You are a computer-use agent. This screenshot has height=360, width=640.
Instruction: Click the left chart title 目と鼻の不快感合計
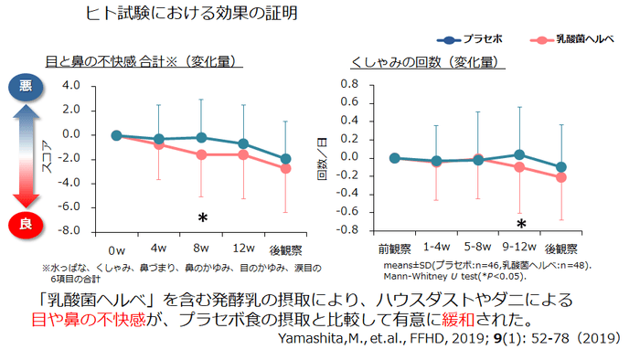(x=144, y=63)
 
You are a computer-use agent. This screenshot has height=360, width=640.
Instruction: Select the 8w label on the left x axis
(x=200, y=249)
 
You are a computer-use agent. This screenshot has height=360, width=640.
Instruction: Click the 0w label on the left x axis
(x=116, y=249)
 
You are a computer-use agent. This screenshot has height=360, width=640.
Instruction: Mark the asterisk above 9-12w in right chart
(x=520, y=224)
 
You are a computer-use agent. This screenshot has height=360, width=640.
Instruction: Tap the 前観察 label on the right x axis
(x=395, y=249)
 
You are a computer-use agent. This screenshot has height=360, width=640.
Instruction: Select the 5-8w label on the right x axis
(x=477, y=249)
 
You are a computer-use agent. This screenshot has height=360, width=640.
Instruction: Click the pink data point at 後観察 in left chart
(x=286, y=168)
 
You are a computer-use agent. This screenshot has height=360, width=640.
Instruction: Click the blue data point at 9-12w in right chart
(x=520, y=155)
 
